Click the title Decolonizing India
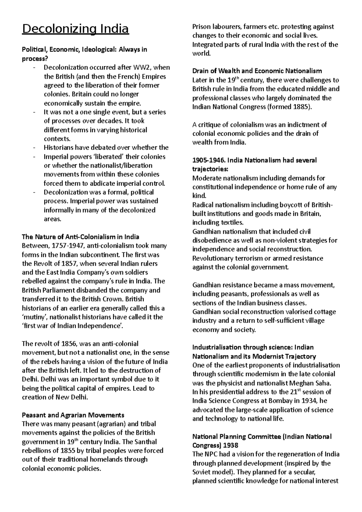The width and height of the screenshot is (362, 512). point(75,29)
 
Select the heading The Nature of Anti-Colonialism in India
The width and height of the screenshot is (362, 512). point(81,237)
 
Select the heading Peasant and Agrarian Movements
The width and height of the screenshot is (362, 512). point(73,415)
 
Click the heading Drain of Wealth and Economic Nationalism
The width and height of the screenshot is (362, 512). point(257,71)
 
